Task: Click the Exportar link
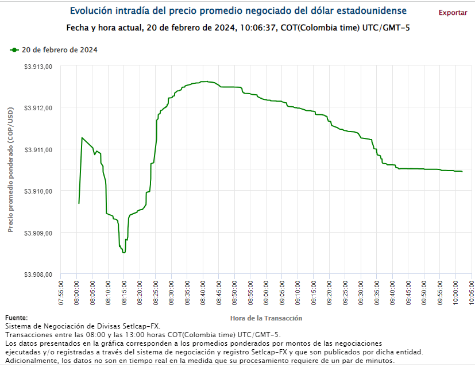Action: click(453, 12)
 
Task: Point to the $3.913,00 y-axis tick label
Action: click(38, 66)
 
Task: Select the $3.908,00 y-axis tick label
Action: click(38, 275)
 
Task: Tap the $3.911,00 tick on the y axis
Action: click(38, 149)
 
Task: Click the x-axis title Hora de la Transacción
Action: click(266, 318)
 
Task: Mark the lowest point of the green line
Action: click(123, 252)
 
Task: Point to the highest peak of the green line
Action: click(204, 82)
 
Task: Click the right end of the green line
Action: click(462, 171)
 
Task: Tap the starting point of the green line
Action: click(79, 203)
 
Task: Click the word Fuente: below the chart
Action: click(16, 318)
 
